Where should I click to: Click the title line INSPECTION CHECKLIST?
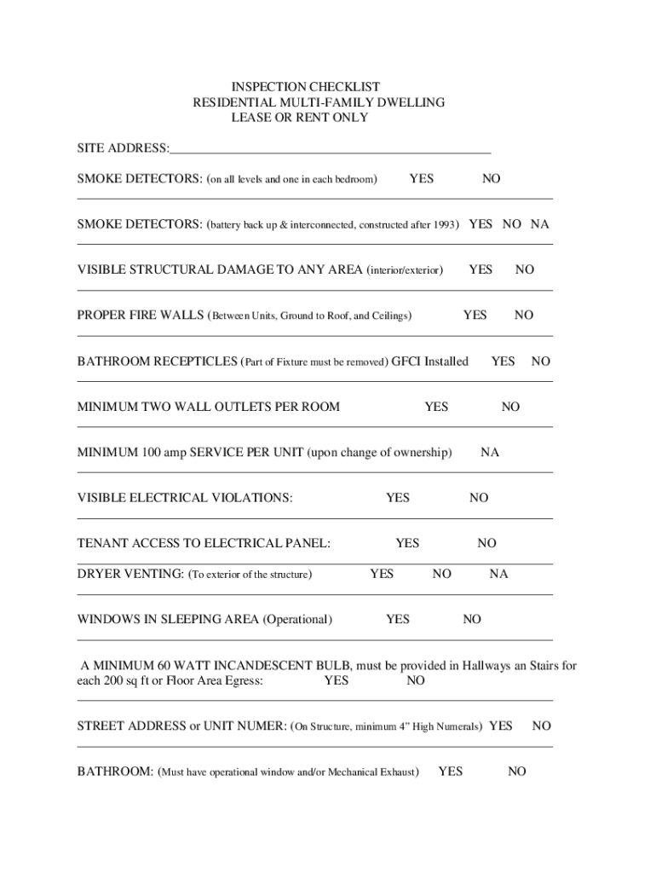point(306,87)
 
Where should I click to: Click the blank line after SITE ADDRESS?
point(331,148)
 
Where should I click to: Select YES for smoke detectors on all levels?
point(421,179)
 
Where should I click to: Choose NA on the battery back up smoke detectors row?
point(540,224)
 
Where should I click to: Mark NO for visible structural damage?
point(525,270)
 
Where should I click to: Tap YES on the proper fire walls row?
point(475,315)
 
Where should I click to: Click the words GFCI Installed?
point(429,361)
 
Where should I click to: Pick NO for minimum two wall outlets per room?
point(510,407)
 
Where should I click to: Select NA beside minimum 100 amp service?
point(490,453)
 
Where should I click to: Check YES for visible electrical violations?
point(398,498)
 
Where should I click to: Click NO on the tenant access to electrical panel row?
point(486,543)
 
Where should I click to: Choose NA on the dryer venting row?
point(498,574)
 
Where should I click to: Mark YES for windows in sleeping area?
point(398,620)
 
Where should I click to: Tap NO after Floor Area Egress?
point(416,680)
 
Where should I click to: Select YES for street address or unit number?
point(501,726)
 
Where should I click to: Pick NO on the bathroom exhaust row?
point(517,772)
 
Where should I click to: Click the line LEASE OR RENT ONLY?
point(300,118)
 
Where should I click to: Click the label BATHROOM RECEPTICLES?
point(158,361)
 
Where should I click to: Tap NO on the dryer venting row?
point(441,574)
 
